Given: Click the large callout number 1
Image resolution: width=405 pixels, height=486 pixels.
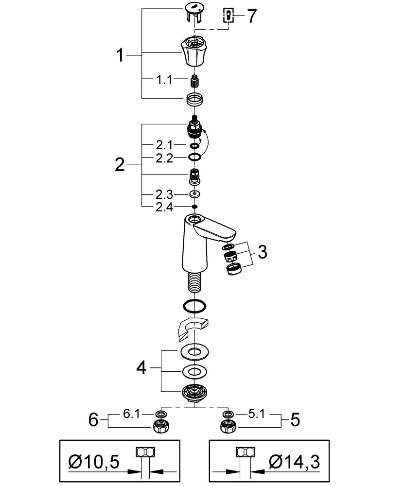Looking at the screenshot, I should pyautogui.click(x=120, y=55).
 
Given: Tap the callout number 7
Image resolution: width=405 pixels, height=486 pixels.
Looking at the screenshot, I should pyautogui.click(x=251, y=16).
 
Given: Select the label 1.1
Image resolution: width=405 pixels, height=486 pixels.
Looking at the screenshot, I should pyautogui.click(x=164, y=80).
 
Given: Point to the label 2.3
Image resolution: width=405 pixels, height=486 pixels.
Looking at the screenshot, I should pyautogui.click(x=164, y=195).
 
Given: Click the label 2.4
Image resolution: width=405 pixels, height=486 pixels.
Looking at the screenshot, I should pyautogui.click(x=164, y=208).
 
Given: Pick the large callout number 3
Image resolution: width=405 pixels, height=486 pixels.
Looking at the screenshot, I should pyautogui.click(x=263, y=252).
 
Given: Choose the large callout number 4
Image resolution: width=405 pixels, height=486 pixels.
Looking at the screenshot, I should pyautogui.click(x=141, y=367).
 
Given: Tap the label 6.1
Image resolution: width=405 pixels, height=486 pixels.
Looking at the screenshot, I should pyautogui.click(x=131, y=414).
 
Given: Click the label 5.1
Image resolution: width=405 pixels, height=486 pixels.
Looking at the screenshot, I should pyautogui.click(x=256, y=414).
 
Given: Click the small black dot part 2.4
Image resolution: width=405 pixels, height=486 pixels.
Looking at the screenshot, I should pyautogui.click(x=194, y=208).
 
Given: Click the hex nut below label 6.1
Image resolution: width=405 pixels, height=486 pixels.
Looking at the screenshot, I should pyautogui.click(x=160, y=428).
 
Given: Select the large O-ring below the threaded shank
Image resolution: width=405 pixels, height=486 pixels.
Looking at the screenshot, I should pyautogui.click(x=194, y=306).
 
